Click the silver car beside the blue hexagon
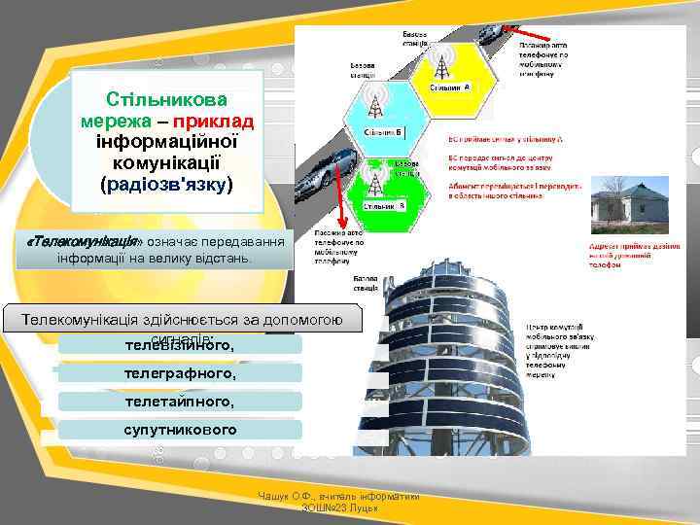(x=323, y=177)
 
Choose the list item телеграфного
(x=180, y=372)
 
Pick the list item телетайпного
(x=180, y=401)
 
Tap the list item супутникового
(x=180, y=429)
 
